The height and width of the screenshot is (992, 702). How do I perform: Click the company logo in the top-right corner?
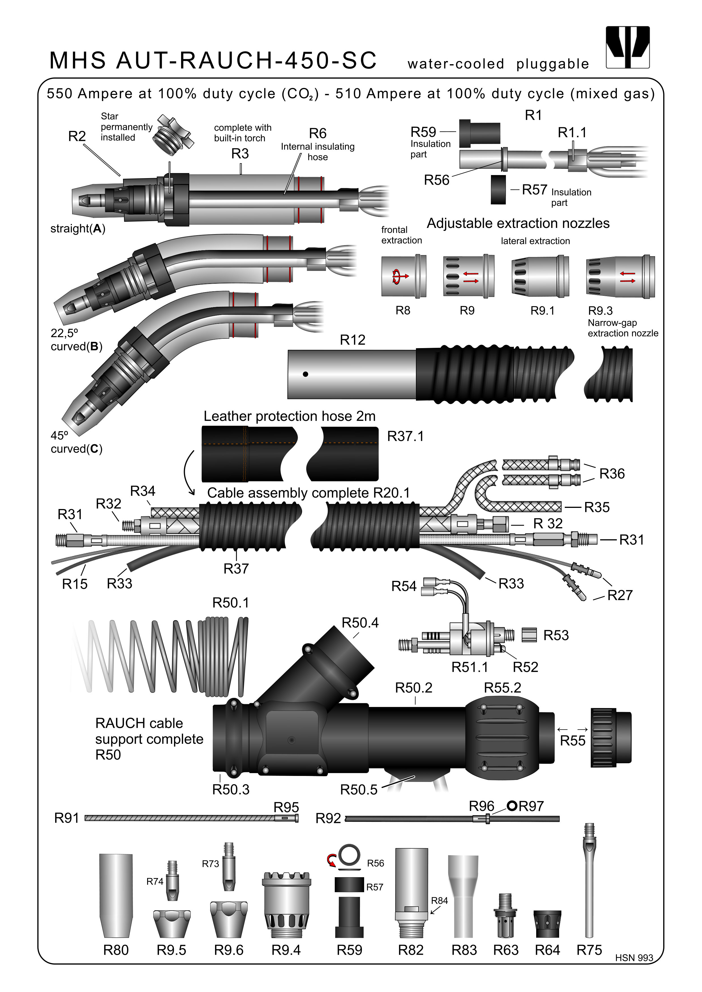[628, 47]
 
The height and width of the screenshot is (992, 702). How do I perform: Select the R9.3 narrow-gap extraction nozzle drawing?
[620, 277]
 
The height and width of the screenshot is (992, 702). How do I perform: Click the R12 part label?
[352, 340]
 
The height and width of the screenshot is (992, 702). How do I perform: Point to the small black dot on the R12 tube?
[305, 374]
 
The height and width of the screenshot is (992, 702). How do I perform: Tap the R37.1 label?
[405, 436]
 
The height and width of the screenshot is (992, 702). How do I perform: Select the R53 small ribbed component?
[529, 635]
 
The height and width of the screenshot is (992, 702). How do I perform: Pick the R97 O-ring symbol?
[512, 806]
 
